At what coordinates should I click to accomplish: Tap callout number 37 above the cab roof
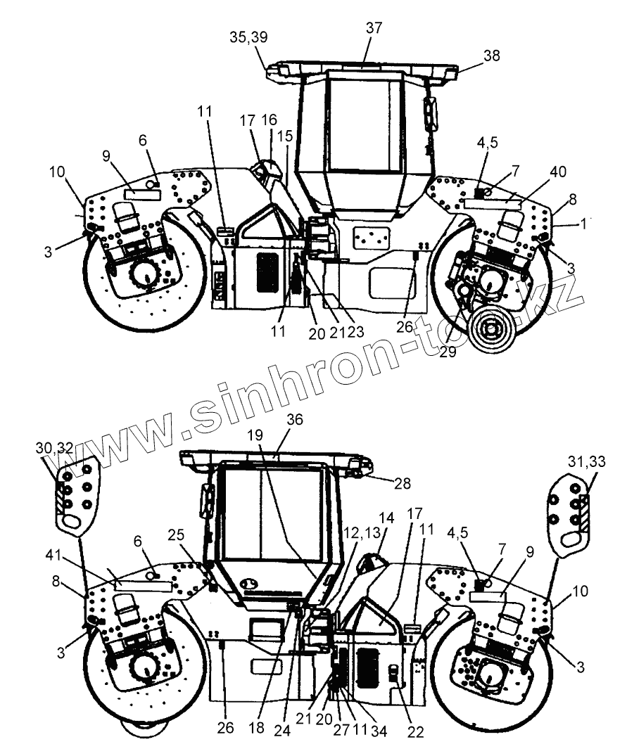tap(374, 28)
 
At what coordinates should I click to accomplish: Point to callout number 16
tap(270, 120)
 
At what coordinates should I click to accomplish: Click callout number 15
tap(284, 136)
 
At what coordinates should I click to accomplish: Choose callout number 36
tap(295, 420)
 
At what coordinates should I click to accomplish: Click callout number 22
tap(416, 731)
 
